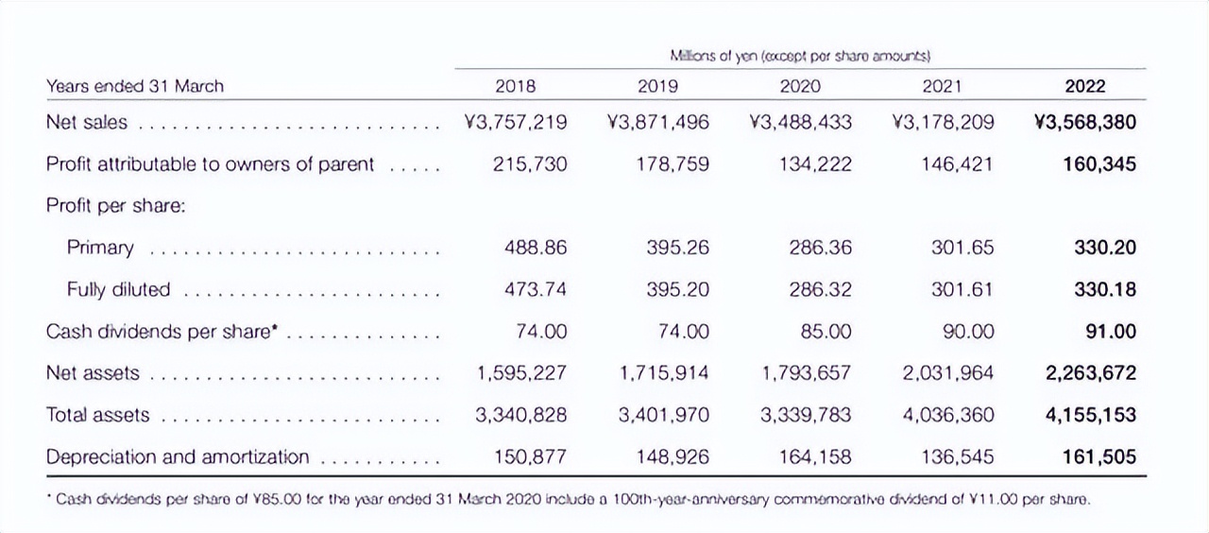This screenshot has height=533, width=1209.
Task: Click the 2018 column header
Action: click(x=515, y=86)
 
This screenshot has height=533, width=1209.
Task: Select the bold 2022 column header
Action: click(x=1084, y=86)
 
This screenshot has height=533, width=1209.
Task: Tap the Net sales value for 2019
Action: click(x=657, y=123)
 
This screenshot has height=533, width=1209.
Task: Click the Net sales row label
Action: click(x=87, y=123)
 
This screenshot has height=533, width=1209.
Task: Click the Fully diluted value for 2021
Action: click(x=962, y=290)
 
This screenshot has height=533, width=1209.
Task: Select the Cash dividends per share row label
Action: click(x=165, y=333)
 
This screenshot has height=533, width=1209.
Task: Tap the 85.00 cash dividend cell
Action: click(x=820, y=332)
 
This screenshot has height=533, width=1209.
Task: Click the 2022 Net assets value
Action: click(x=1090, y=373)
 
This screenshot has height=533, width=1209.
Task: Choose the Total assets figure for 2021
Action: click(x=948, y=415)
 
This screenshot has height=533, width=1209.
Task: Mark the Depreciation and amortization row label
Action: click(x=178, y=457)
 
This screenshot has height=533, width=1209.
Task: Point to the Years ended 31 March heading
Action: click(x=135, y=86)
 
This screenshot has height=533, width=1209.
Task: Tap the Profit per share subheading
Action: click(x=115, y=206)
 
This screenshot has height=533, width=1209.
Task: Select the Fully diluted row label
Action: click(x=118, y=290)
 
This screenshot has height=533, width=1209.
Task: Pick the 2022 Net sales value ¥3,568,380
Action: click(x=1085, y=123)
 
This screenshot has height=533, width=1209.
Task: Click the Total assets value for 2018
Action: click(x=522, y=415)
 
